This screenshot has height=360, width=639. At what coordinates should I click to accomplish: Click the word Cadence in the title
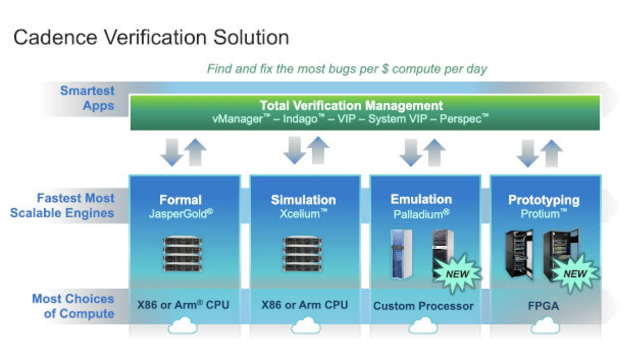(55, 37)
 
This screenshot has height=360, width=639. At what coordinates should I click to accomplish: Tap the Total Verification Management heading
(351, 105)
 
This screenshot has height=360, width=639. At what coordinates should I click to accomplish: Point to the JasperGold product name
(181, 214)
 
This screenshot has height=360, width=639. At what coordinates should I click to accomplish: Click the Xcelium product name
(303, 214)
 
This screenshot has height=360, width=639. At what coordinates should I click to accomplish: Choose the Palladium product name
(421, 214)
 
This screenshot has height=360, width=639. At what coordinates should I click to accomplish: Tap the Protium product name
(544, 214)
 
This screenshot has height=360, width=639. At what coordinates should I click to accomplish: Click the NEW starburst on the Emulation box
(457, 274)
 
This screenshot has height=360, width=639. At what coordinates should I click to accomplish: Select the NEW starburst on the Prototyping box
(575, 274)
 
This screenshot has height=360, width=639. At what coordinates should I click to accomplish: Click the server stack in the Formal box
(182, 254)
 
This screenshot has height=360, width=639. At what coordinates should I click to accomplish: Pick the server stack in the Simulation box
(302, 254)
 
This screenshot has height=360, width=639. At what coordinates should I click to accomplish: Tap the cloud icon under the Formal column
(183, 326)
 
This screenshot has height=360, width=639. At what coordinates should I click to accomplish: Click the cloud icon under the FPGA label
(545, 326)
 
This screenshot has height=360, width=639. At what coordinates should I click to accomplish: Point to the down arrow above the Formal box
(172, 152)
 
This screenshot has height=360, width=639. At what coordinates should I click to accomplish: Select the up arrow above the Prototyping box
(552, 153)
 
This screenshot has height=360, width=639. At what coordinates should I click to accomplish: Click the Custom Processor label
(423, 306)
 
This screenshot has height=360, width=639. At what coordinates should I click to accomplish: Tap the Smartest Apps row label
(87, 98)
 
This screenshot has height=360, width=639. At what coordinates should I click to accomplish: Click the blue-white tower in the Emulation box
(401, 254)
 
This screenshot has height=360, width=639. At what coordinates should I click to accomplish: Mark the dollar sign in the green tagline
(385, 69)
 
